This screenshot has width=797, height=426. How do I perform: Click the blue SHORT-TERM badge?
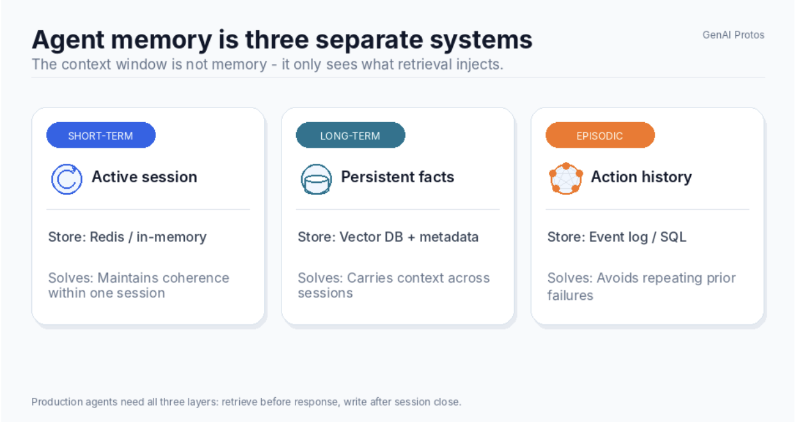click(x=101, y=135)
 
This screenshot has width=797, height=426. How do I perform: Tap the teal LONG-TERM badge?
click(x=351, y=135)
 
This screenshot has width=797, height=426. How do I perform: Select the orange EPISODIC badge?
click(x=600, y=135)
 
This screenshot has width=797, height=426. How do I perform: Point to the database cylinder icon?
click(x=317, y=179)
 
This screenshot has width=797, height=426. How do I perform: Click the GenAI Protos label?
click(x=733, y=35)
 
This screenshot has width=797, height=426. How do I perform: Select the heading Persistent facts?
click(x=397, y=177)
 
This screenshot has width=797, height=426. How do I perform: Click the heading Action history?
click(x=642, y=177)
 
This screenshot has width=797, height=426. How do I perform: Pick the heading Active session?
click(x=145, y=177)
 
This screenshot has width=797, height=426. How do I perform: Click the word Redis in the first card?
click(x=107, y=237)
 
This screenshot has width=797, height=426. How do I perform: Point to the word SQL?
click(x=673, y=237)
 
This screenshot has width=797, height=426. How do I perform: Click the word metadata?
click(x=449, y=237)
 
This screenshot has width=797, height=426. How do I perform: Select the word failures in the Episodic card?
click(x=571, y=296)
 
